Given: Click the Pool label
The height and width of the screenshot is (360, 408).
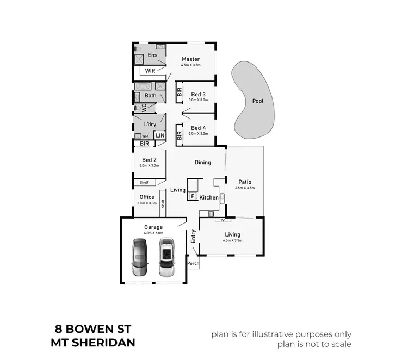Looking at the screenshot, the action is pyautogui.click(x=258, y=101).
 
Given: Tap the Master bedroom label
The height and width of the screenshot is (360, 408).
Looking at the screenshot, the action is pyautogui.click(x=190, y=59).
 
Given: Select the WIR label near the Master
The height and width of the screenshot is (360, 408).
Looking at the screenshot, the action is pyautogui.click(x=150, y=71).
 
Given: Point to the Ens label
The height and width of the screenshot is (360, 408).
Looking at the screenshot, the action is pyautogui.click(x=152, y=55).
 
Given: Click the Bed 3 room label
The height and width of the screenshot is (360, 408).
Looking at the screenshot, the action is pyautogui.click(x=198, y=94).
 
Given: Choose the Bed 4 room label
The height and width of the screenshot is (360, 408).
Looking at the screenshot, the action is pyautogui.click(x=198, y=128).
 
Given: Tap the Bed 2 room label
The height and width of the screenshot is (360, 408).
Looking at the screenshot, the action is pyautogui.click(x=149, y=160).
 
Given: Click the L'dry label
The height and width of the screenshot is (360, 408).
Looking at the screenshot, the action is pyautogui.click(x=150, y=124).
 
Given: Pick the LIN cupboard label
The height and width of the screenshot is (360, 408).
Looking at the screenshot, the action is pyautogui.click(x=160, y=135).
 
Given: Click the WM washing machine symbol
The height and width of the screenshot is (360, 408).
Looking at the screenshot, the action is pyautogui.click(x=138, y=136).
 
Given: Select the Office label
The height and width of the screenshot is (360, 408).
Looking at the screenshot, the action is pyautogui.click(x=147, y=197).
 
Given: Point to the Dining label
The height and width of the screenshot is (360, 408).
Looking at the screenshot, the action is pyautogui.click(x=203, y=162).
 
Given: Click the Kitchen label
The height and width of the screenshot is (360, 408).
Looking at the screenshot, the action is pyautogui.click(x=209, y=197).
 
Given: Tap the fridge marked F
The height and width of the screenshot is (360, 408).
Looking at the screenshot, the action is pyautogui.click(x=193, y=196).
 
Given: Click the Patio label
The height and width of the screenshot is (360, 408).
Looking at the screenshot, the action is pyautogui.click(x=245, y=182).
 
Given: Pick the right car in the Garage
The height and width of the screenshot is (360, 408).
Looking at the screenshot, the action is pyautogui.click(x=166, y=256).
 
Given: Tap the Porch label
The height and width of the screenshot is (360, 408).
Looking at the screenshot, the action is pyautogui.click(x=193, y=264).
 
